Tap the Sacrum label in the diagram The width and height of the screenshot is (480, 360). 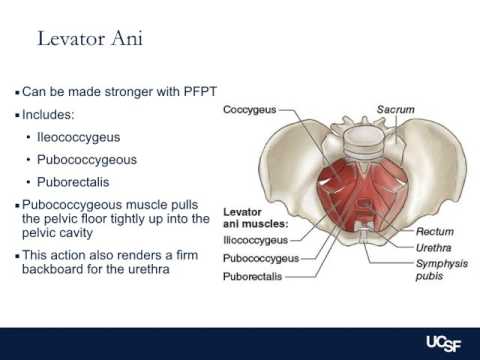pos(395,108)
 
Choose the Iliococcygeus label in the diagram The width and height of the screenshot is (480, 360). pos(254,240)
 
